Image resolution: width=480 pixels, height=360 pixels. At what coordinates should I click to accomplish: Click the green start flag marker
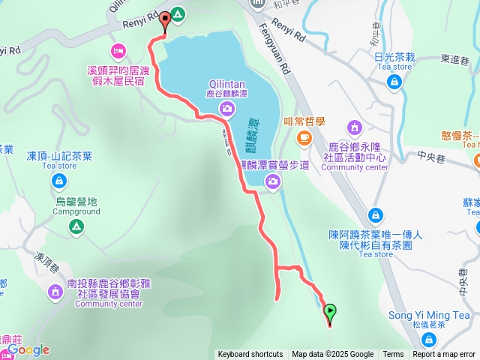(x=329, y=309)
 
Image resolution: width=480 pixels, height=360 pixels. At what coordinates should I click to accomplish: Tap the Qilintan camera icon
(x=225, y=109)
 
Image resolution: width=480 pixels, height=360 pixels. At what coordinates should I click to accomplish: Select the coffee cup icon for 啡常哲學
(x=304, y=136)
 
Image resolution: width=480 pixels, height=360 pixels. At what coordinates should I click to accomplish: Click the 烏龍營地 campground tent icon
(x=76, y=226)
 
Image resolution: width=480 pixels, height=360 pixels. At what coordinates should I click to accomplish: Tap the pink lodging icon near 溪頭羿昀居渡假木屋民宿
(x=118, y=50)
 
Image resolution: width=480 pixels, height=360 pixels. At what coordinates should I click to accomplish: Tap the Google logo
(x=28, y=349)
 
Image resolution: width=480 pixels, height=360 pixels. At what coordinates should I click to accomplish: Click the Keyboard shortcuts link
(x=250, y=355)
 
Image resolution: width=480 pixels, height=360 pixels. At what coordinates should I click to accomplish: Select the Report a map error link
(x=443, y=355)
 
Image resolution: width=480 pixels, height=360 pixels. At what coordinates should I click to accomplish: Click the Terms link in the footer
(x=393, y=355)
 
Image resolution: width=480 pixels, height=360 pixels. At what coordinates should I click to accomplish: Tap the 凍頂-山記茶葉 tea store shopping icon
(x=59, y=180)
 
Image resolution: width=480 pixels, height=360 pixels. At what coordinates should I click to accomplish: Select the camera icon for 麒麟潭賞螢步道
(x=273, y=180)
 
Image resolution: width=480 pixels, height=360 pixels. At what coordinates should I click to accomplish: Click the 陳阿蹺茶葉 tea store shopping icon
(x=376, y=215)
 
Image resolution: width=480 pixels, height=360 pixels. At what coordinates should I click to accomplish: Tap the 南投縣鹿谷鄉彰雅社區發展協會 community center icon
(x=55, y=292)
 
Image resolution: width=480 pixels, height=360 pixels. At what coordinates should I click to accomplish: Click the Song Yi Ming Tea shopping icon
(x=428, y=340)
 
